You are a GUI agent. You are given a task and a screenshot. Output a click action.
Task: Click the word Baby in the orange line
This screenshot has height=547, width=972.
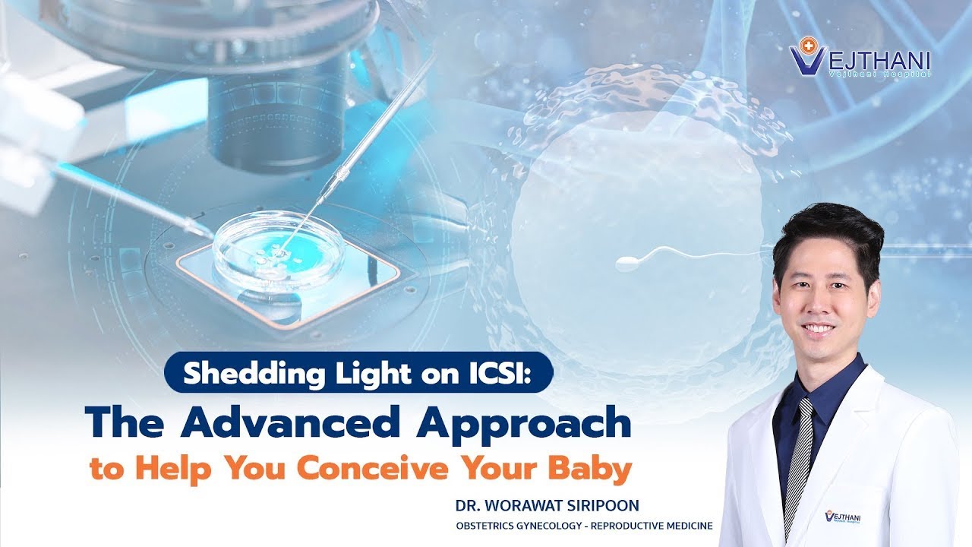click(599, 469)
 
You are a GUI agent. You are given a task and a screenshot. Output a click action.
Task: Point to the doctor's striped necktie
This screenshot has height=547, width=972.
click(798, 456)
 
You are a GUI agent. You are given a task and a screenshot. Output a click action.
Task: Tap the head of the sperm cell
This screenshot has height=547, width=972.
click(627, 264)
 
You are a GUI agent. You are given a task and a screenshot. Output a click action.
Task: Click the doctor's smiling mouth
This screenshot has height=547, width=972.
click(818, 328)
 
